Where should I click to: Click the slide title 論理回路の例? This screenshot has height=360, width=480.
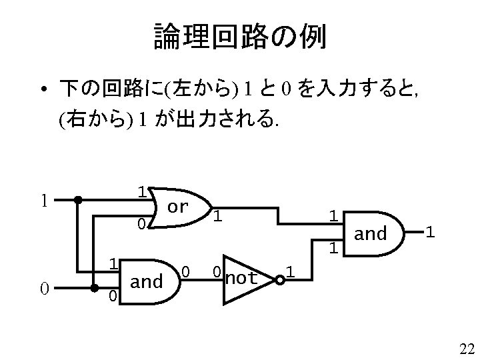click(x=239, y=37)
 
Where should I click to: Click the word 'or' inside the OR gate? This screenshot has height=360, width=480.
click(x=177, y=207)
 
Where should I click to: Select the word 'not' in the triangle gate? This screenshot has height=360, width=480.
click(x=241, y=278)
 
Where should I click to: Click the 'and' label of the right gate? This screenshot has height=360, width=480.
click(x=370, y=233)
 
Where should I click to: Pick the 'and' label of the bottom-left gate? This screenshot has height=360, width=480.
click(x=147, y=281)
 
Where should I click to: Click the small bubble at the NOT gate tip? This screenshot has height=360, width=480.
click(x=281, y=280)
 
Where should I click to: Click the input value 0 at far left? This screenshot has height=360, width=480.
click(x=43, y=288)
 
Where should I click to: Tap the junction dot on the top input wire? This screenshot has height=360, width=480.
click(x=78, y=199)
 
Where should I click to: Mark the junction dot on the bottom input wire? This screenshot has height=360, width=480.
click(x=94, y=289)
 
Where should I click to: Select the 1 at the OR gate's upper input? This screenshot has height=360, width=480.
click(x=141, y=191)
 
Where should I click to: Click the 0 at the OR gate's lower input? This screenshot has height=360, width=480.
click(x=141, y=224)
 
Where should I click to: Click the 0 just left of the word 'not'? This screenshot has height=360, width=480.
click(x=217, y=272)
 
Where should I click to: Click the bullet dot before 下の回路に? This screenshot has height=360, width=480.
click(x=42, y=89)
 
